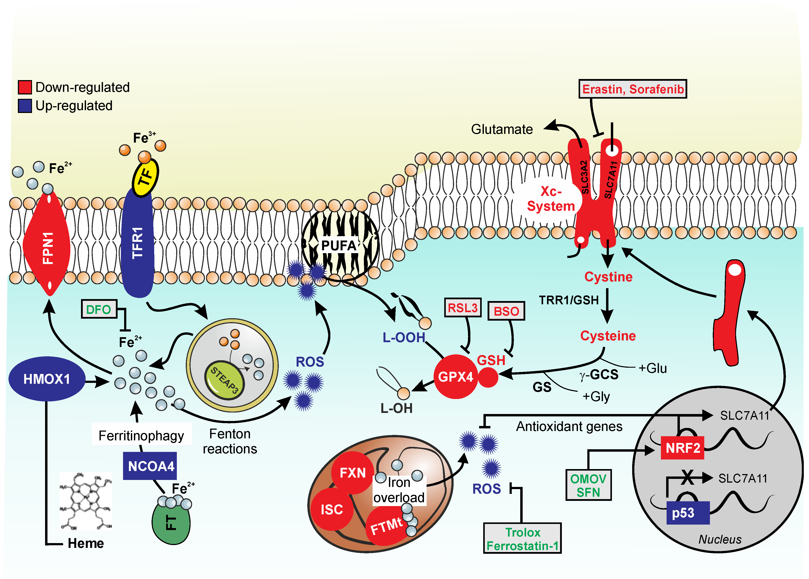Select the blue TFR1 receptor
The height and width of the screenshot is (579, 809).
click(x=138, y=242)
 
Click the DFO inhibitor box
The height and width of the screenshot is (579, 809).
click(x=99, y=309)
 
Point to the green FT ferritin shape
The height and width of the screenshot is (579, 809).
click(x=171, y=523)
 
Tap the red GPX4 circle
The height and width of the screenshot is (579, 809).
click(x=456, y=377)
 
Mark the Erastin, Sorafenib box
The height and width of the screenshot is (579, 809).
click(x=632, y=89)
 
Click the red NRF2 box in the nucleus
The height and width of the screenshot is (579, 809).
click(x=682, y=448)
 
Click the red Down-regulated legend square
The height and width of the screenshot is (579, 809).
click(x=25, y=87)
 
